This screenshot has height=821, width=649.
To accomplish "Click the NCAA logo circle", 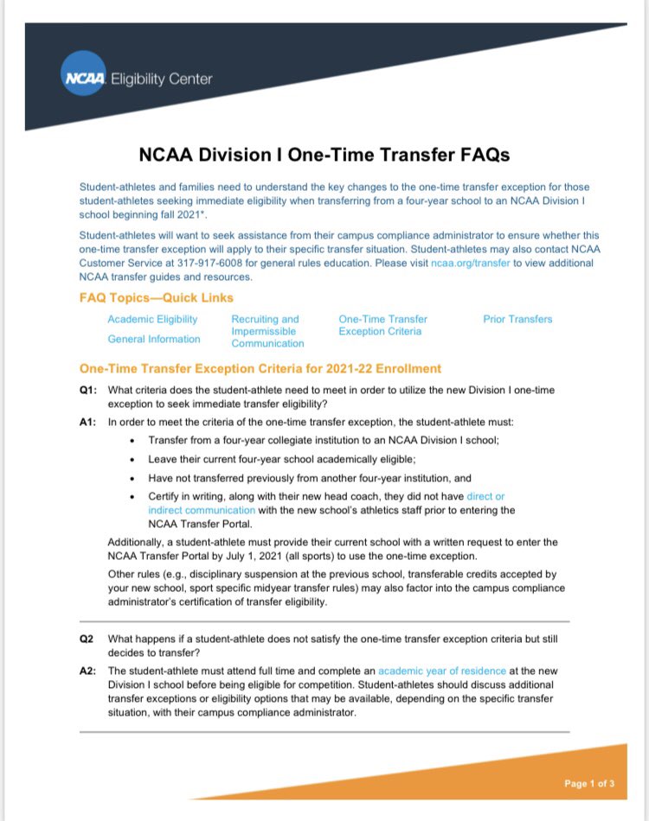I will pos(83,79).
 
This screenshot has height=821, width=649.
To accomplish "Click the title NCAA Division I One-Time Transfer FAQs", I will pos(324,155).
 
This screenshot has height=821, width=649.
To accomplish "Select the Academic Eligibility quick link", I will pos(152,319).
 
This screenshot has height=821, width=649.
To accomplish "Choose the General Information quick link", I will pos(154,339).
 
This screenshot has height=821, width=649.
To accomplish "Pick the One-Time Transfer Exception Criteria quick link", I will pos(382,325).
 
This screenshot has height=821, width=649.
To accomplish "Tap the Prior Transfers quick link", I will pos(517,319).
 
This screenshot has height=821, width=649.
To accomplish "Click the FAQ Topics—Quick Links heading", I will pos(157,297).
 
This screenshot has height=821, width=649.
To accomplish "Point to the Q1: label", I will pos(87,390).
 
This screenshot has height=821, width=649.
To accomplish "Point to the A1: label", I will pos(87,422).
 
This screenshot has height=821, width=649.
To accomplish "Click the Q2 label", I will pos(87,639).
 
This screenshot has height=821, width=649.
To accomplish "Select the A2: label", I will pos(87,670).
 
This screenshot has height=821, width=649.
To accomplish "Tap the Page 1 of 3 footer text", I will pos(588,784).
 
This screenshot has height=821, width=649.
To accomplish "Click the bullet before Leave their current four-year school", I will pos(131,459).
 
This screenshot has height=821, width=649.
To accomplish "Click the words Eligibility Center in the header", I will pos(161,80).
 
